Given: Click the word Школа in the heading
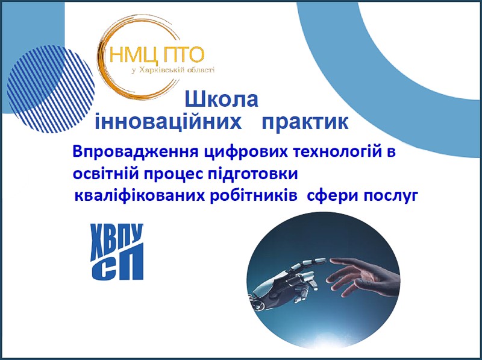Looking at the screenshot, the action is click(221, 99).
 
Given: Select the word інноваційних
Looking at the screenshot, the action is click(168, 122).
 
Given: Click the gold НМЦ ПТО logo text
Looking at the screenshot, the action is click(157, 55).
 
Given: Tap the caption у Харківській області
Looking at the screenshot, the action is click(173, 71).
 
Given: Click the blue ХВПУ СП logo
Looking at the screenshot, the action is click(117, 251).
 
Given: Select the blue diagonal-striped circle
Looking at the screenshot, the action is click(51, 89).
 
